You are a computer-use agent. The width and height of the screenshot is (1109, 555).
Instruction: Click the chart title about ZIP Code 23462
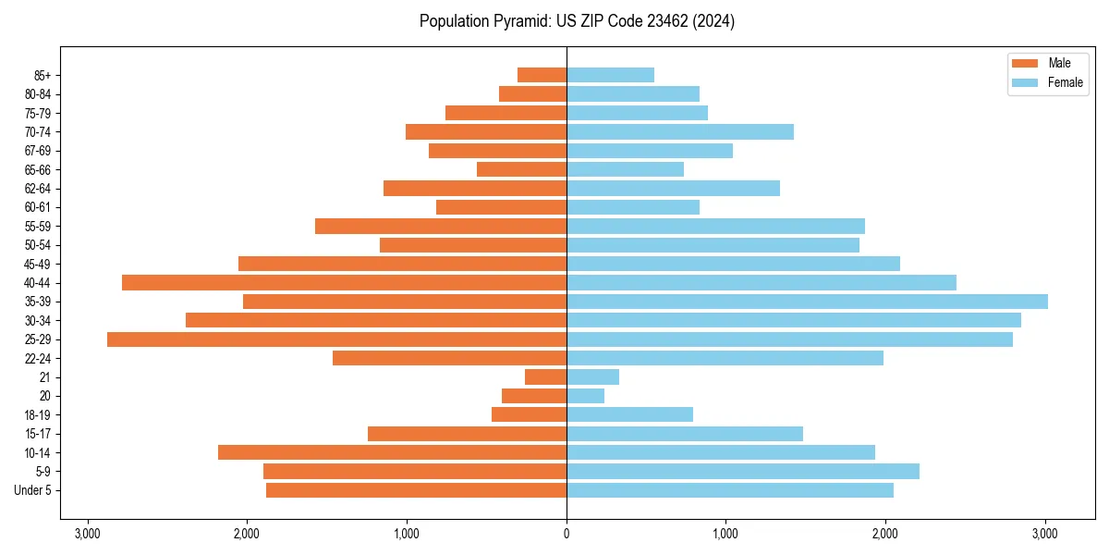click(x=577, y=21)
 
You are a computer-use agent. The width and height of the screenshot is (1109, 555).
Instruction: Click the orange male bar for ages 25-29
click(x=336, y=339)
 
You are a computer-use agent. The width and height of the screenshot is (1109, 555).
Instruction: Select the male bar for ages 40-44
click(x=344, y=282)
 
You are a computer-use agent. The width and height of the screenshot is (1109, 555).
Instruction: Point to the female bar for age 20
click(x=585, y=396)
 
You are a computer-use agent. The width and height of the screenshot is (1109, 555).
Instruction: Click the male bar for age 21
click(x=545, y=377)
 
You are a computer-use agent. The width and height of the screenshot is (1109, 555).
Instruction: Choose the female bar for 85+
click(x=610, y=75)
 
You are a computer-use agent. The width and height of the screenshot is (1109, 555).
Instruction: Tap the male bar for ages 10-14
click(x=392, y=452)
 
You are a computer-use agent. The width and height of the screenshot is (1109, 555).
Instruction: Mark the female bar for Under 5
click(x=730, y=490)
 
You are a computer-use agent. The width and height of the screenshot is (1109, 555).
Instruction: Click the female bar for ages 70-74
click(x=680, y=131)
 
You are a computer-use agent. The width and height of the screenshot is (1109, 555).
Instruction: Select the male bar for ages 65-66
click(x=521, y=169)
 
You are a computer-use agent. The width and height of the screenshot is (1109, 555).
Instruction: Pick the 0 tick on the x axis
click(x=567, y=534)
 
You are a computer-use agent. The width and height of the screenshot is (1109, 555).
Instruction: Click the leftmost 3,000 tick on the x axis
click(x=88, y=534)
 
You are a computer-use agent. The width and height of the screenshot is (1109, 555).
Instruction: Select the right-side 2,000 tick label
click(x=885, y=534)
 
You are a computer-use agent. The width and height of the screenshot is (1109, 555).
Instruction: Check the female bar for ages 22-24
click(x=725, y=358)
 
